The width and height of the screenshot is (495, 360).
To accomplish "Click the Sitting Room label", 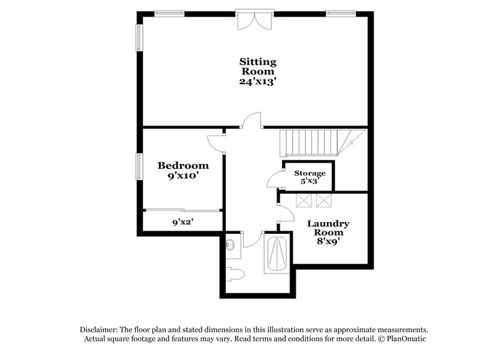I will tap(257, 66).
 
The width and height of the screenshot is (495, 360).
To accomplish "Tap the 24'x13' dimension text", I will tap(257, 81).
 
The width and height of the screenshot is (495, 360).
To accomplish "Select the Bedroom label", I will tap(183, 165).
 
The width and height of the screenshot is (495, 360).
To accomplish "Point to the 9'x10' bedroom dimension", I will tap(183, 176).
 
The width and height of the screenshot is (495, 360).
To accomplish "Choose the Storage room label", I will tap(309, 173).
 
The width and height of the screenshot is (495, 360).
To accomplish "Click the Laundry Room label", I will tap(329, 228).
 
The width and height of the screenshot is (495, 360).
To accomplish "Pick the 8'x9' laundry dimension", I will tap(329, 242).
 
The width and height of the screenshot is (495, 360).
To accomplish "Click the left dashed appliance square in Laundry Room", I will tap(304, 200).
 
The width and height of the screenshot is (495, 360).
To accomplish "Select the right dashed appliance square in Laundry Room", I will tap(324, 200).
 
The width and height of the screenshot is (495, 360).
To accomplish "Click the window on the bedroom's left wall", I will tap(140, 167).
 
